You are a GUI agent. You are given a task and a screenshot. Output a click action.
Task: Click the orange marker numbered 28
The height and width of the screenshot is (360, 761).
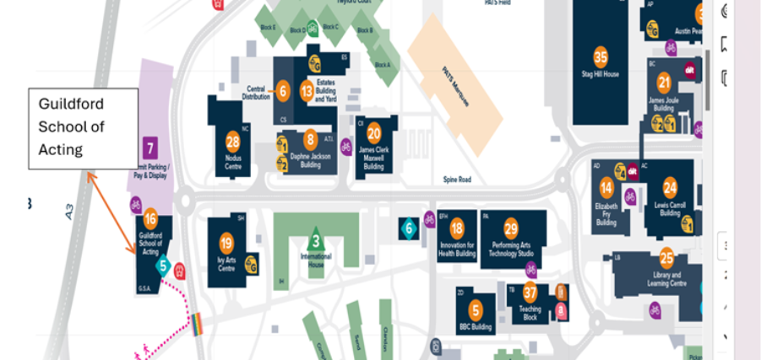[x=233, y=142]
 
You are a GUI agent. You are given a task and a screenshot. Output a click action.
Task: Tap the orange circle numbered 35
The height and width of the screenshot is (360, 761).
[x=601, y=57]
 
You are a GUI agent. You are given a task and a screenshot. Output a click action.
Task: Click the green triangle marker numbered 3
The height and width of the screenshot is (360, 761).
[x=316, y=239]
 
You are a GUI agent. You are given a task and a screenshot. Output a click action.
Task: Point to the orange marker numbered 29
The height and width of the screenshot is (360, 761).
[x=510, y=228]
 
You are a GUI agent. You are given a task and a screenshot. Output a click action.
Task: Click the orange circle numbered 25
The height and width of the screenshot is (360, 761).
[x=666, y=258]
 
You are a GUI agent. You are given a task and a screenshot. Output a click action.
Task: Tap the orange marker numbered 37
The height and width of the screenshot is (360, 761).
[x=530, y=293]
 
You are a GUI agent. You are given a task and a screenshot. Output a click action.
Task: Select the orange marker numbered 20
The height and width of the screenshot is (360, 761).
[x=373, y=132]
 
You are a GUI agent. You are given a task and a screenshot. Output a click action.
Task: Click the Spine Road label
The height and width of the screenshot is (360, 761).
[x=456, y=180]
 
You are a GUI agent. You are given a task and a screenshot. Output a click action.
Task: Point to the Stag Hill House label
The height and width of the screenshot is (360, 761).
[x=601, y=74]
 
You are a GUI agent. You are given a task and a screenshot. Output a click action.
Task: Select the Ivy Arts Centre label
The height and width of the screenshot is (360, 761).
[x=226, y=265]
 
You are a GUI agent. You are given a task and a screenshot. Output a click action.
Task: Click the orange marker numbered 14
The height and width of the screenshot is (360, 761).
[x=606, y=188]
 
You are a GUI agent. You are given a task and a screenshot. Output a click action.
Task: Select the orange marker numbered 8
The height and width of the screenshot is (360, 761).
[x=311, y=140]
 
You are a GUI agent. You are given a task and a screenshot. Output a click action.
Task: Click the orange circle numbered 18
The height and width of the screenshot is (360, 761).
[x=457, y=228]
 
